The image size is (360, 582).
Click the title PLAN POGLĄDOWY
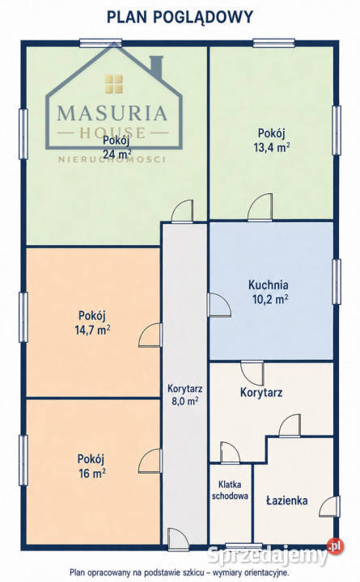pos(180,17)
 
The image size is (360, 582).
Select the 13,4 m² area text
pos(272,147)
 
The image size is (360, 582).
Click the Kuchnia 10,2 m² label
pos(269,292)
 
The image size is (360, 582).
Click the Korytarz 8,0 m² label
pos(184,394)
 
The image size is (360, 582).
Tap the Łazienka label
pos(287,500)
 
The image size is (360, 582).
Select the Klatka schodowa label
pos(230,490)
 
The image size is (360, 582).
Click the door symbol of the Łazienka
pos(328,506)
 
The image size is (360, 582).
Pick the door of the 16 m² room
pos(150,461)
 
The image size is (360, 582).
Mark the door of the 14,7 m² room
pos(150,335)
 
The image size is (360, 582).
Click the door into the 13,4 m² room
pos(260,207)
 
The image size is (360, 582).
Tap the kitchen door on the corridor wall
pos(219,305)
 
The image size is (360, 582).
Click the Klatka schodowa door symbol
pos(230,453)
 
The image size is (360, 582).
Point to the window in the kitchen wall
pos(337,282)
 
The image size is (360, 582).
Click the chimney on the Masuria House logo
pos(156,69)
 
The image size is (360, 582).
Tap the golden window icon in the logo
pos(113,83)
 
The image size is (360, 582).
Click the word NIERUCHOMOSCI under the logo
pos(112,159)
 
